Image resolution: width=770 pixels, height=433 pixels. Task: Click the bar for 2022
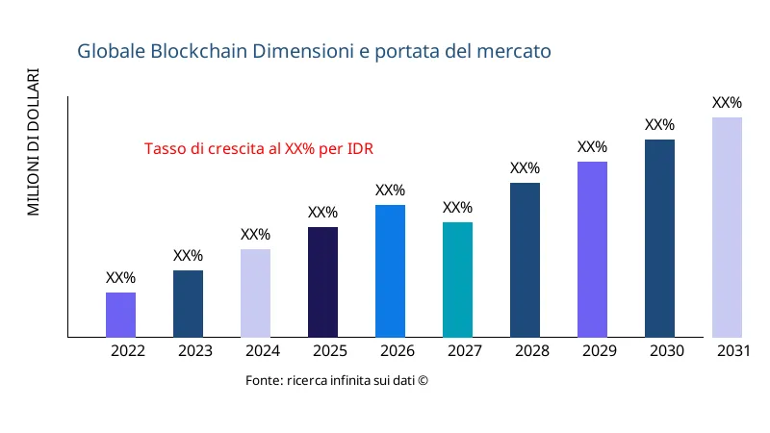(120, 315)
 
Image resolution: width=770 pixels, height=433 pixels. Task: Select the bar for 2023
(188, 304)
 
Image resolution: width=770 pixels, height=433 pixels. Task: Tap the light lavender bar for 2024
(255, 293)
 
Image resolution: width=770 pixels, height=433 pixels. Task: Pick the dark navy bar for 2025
(322, 282)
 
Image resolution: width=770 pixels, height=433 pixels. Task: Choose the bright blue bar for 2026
(390, 271)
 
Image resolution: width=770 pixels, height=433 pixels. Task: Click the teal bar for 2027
(457, 280)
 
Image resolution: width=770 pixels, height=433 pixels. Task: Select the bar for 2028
(525, 260)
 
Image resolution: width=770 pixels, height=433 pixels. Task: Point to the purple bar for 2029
(592, 249)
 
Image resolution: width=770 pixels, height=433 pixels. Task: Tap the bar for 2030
(659, 239)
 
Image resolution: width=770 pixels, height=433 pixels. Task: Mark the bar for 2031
(727, 227)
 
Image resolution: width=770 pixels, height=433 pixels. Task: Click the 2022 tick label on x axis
(128, 351)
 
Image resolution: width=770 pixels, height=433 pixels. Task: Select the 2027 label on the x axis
(465, 351)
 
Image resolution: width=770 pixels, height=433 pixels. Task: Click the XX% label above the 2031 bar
(727, 103)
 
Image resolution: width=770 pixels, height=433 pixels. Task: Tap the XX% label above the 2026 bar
(390, 191)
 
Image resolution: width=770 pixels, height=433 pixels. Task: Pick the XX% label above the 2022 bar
(120, 278)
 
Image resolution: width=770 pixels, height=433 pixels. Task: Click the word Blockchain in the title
(199, 51)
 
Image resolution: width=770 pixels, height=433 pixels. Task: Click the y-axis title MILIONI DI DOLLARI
(34, 142)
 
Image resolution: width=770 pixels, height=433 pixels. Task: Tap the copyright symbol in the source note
(423, 381)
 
